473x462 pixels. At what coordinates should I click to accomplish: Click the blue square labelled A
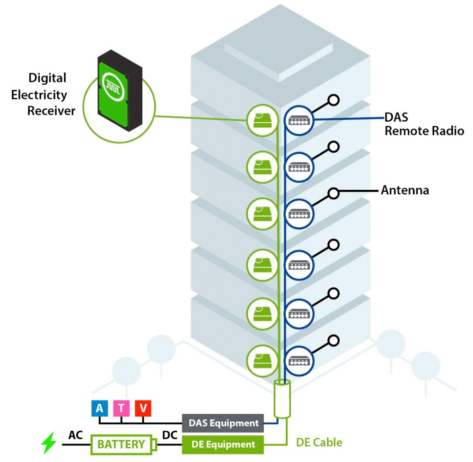(x=99, y=408)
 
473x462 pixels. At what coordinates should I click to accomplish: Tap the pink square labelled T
(x=121, y=408)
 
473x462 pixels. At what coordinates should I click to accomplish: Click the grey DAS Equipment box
(x=223, y=423)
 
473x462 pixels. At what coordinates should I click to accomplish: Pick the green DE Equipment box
(x=223, y=444)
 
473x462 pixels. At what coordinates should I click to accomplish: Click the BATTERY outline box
(x=122, y=444)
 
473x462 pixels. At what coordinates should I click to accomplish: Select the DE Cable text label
(x=319, y=443)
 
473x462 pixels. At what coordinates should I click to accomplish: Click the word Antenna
(x=405, y=191)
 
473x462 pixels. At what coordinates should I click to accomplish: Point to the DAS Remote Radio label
(x=424, y=124)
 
